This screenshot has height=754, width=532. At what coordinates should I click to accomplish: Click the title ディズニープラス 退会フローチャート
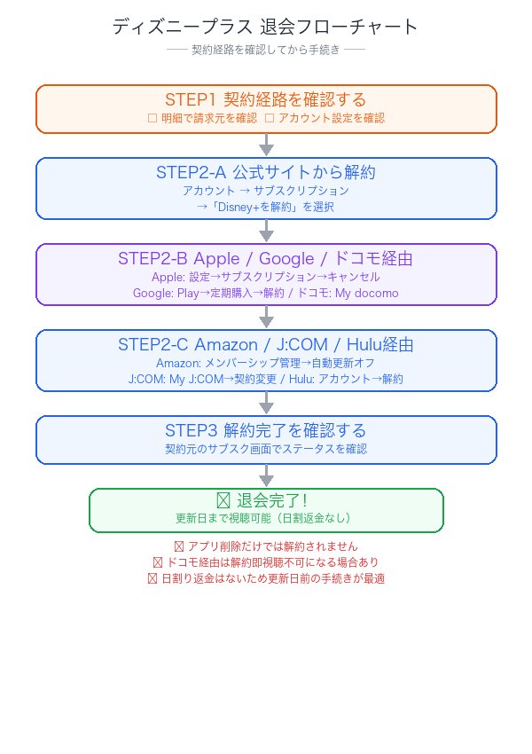(x=266, y=27)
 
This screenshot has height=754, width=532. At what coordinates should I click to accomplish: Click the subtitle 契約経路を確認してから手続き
(x=266, y=50)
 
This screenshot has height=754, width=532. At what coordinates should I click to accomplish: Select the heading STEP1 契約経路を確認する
(x=266, y=98)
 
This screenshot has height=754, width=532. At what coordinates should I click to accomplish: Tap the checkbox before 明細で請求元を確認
(x=152, y=117)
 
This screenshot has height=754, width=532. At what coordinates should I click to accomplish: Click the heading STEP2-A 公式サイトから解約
(x=266, y=172)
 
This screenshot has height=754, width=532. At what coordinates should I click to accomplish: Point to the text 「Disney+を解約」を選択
(x=266, y=207)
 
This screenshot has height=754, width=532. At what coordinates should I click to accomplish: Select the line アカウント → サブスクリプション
(x=266, y=191)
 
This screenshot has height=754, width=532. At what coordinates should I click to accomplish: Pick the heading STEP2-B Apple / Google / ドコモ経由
(x=266, y=258)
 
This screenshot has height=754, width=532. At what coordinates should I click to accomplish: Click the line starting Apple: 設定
(x=266, y=277)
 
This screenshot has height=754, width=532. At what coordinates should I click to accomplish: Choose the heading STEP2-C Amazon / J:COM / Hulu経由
(x=266, y=344)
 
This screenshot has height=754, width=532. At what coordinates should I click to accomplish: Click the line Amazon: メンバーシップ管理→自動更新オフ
(x=266, y=363)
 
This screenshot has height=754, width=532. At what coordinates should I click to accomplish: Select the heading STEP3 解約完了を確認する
(x=266, y=430)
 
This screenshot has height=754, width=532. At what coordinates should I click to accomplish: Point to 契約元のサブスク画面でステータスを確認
(x=266, y=449)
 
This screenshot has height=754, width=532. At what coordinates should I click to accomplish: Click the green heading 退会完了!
(x=266, y=501)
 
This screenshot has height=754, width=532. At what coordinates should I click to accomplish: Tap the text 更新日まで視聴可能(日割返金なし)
(x=266, y=518)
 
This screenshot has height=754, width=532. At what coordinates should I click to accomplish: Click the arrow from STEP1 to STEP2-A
(x=266, y=145)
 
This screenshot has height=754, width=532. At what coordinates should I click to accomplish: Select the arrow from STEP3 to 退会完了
(x=266, y=475)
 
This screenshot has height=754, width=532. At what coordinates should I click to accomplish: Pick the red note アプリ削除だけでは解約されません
(x=266, y=546)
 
